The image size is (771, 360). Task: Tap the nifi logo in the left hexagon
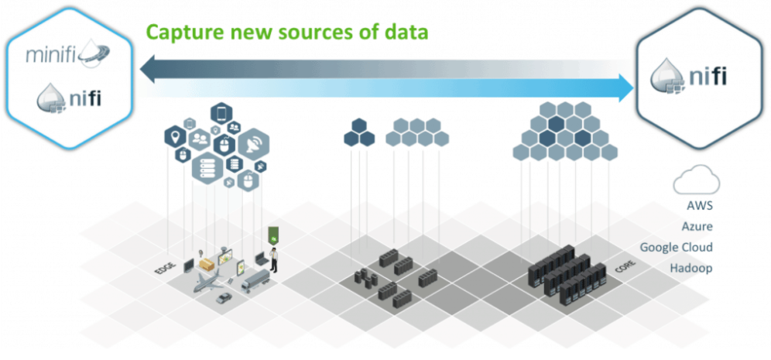[70, 100]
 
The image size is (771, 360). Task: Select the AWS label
[699, 207]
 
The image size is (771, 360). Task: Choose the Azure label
[697, 227]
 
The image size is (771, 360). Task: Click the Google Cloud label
[676, 248]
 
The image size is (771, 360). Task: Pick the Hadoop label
[690, 268]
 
